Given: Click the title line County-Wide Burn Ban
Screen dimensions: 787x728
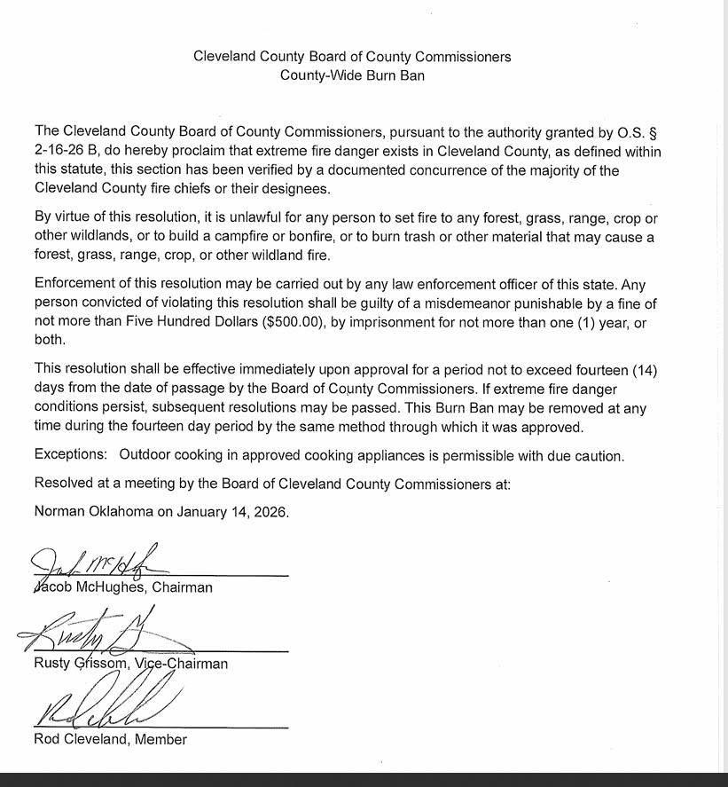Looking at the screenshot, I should pyautogui.click(x=352, y=75).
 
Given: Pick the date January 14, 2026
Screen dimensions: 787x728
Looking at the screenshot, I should pyautogui.click(x=232, y=512).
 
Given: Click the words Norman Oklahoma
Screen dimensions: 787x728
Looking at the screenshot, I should pyautogui.click(x=103, y=512).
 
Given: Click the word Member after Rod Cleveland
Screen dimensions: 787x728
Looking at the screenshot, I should pyautogui.click(x=160, y=739).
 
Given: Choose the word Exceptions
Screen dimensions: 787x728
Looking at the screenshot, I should pyautogui.click(x=71, y=456).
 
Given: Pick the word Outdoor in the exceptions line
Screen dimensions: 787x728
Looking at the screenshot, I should pyautogui.click(x=147, y=456).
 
